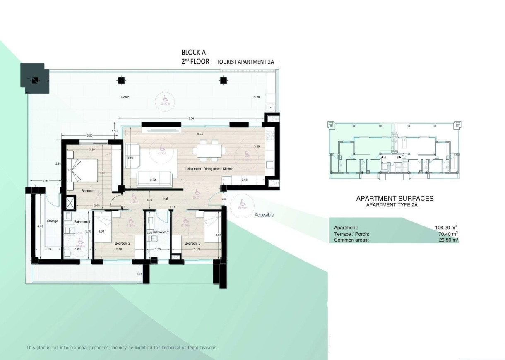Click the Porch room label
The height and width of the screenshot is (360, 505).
(x=125, y=97)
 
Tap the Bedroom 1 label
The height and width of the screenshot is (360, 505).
(x=89, y=191)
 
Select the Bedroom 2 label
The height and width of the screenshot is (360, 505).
(x=123, y=244)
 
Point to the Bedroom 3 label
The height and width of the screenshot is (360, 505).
(x=192, y=243)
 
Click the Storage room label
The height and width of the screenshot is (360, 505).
(x=52, y=221)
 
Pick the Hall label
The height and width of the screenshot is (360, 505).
(x=166, y=199)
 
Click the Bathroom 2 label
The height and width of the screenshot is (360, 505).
(x=160, y=233)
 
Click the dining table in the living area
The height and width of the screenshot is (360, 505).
(x=208, y=149)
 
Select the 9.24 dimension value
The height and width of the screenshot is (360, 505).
(x=200, y=134)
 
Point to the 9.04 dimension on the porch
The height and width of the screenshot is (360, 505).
(x=191, y=119)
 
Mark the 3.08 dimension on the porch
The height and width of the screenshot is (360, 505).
(x=257, y=97)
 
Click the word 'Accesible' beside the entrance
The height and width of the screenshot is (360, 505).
(x=264, y=215)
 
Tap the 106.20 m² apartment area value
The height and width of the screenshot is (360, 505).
(x=445, y=228)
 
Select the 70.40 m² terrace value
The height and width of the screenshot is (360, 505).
(x=447, y=234)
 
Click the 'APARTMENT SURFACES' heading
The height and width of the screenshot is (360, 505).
(x=394, y=199)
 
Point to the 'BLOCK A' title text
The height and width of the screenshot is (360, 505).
(x=193, y=53)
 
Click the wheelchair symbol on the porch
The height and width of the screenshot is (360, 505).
(x=164, y=98)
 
